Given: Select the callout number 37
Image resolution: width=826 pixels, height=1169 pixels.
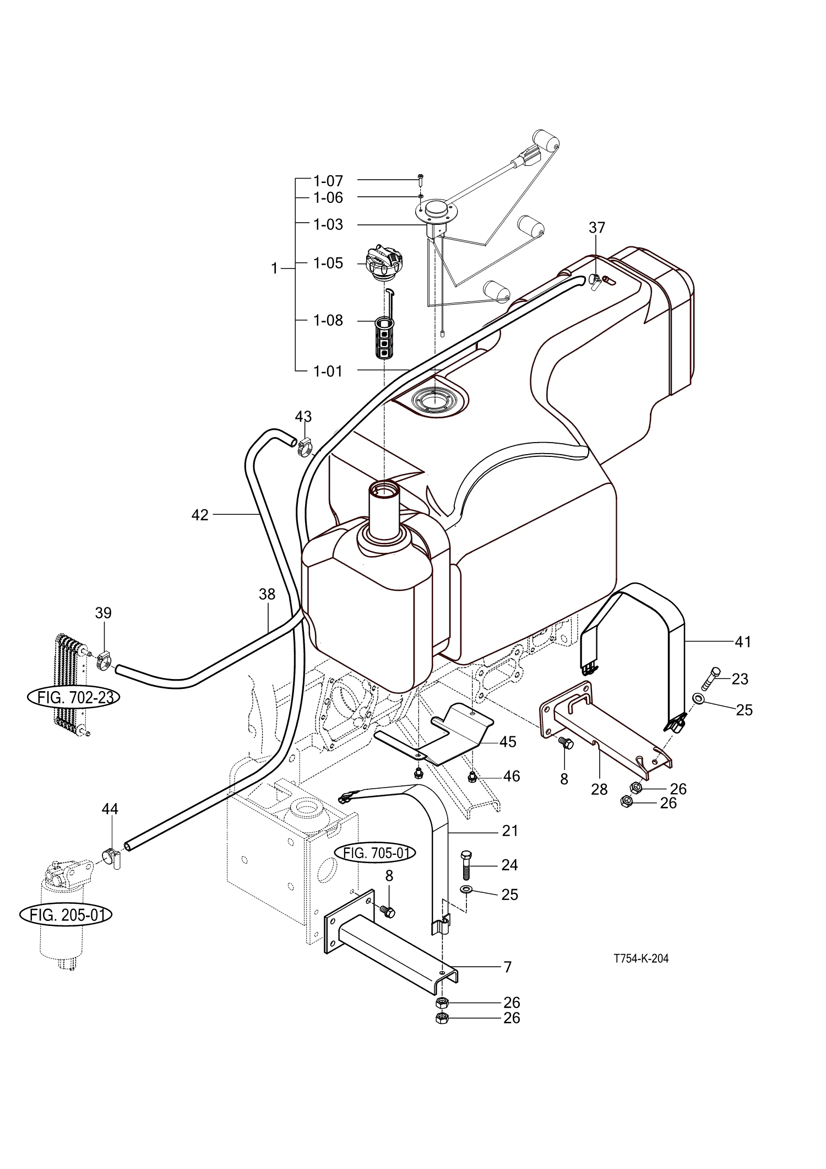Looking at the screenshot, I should point(597,227).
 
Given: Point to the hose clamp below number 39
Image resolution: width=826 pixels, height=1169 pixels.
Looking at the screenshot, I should point(104,658).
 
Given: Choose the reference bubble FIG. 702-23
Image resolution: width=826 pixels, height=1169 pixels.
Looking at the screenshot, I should point(74,697).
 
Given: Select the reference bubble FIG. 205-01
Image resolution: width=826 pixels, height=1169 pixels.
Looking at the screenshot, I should point(66,915).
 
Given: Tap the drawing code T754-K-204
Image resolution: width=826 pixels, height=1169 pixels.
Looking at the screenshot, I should point(641,958).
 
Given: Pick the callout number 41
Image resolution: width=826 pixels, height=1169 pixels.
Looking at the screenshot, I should point(743,642).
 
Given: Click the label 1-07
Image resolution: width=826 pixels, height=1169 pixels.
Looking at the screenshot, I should point(328,181).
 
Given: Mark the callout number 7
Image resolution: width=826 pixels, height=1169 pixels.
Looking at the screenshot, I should point(507,982).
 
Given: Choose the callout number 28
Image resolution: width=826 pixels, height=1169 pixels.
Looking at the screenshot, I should point(599,789).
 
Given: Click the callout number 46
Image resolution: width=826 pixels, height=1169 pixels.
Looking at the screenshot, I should point(512,776).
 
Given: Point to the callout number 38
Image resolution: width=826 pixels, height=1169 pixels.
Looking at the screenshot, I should point(267,594).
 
